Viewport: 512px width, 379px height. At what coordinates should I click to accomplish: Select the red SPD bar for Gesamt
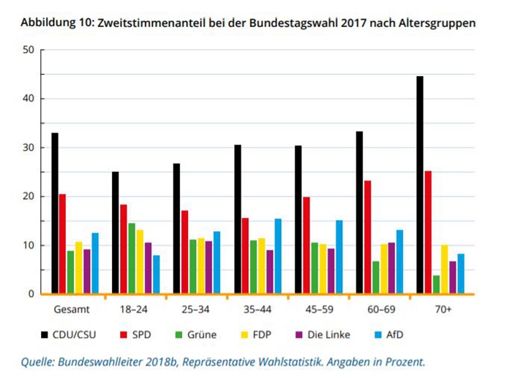tap(63, 244)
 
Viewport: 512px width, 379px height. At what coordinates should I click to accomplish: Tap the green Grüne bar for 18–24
tap(132, 258)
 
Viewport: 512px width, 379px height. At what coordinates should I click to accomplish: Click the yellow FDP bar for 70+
tap(444, 269)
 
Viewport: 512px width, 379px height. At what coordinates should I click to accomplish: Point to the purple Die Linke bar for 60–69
tap(391, 268)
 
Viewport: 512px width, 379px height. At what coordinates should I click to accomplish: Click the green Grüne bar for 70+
tap(436, 285)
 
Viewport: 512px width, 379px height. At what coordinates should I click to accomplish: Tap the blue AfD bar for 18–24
tap(157, 274)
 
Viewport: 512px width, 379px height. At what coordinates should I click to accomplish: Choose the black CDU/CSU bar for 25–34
tap(176, 228)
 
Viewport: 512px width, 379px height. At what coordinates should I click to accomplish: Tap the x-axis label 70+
tap(442, 309)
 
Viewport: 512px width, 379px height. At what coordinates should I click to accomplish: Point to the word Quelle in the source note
tap(39, 361)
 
